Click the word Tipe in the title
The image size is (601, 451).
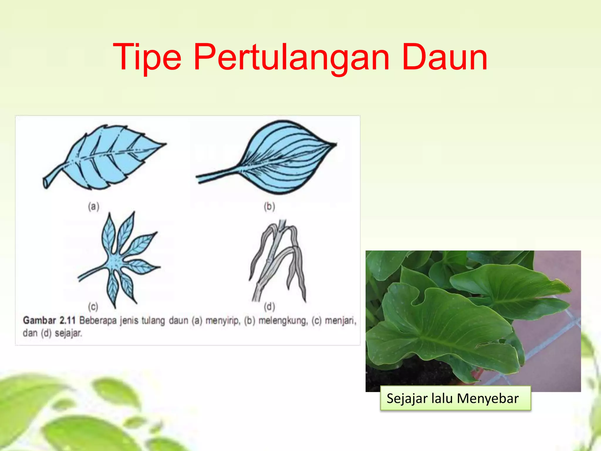[147, 58]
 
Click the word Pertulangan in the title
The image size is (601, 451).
[291, 58]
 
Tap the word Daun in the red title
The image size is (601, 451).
[444, 57]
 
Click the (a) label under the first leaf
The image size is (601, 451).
[94, 207]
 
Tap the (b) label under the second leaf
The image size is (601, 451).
[269, 207]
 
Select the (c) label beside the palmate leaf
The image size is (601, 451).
[93, 307]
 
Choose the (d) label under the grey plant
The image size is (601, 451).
[269, 307]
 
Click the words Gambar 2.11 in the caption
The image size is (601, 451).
[49, 320]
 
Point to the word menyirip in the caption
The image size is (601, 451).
[222, 321]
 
